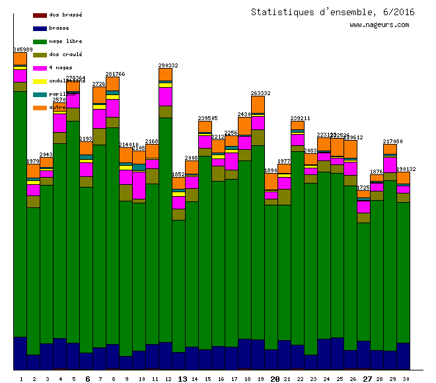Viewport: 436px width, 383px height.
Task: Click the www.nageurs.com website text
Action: (379, 25)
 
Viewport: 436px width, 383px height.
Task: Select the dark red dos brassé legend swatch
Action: (40, 15)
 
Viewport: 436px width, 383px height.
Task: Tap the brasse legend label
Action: (59, 28)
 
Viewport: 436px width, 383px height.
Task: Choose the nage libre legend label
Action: (65, 42)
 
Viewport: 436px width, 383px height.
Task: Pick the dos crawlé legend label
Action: (65, 55)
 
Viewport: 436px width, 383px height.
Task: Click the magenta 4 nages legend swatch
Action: (40, 68)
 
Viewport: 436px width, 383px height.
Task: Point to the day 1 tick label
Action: (20, 379)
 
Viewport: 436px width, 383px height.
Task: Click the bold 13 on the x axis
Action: (182, 379)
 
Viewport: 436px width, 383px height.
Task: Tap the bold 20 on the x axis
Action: (275, 379)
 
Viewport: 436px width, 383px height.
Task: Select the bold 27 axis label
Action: (367, 379)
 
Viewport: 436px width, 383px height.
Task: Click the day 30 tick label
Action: (406, 379)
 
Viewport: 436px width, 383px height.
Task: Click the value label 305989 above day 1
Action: (23, 50)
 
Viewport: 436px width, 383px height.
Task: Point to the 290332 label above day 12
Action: (168, 65)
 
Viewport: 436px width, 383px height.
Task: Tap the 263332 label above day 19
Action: (261, 93)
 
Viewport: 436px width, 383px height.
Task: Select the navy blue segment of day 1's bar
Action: (20, 353)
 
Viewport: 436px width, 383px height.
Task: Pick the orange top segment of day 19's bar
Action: (258, 105)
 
